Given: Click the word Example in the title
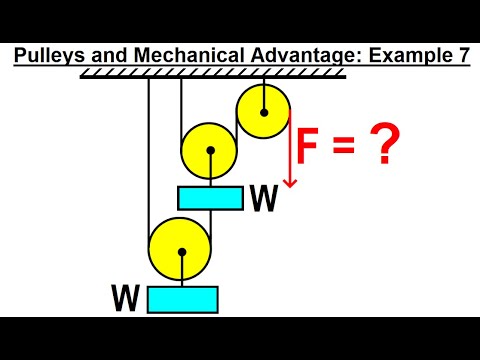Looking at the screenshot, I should [400, 57].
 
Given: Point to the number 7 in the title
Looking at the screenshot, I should [462, 57].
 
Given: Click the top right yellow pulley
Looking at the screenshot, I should [263, 107].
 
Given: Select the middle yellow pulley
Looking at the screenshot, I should [209, 151].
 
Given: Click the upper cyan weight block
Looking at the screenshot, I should [210, 197].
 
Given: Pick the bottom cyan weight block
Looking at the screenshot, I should [182, 299].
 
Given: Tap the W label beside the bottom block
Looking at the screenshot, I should [127, 299].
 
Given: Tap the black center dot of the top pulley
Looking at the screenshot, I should [263, 106].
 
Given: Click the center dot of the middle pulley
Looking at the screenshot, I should [209, 151].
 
